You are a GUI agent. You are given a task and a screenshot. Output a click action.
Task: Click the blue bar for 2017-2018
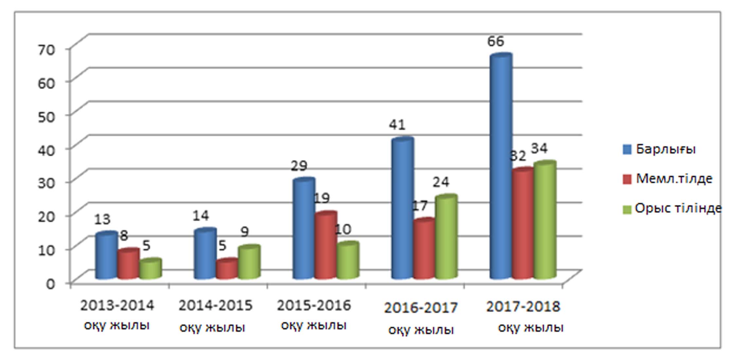click(x=500, y=167)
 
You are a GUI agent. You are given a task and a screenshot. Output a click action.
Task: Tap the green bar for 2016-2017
click(x=446, y=237)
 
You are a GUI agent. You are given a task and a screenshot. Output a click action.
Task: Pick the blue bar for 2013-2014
click(x=106, y=255)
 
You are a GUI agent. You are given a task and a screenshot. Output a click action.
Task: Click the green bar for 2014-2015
click(x=249, y=262)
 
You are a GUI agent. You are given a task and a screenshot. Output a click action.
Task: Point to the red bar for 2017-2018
click(x=523, y=224)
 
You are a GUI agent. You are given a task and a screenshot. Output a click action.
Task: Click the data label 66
click(x=496, y=42)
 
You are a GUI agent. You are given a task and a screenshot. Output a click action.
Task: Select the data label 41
click(x=397, y=125)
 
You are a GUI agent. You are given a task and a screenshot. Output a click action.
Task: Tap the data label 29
click(x=299, y=166)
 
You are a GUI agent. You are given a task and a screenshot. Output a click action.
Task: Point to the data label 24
click(x=441, y=182)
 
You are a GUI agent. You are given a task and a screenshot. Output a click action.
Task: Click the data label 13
click(x=102, y=219)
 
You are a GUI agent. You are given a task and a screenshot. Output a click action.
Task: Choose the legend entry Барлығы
click(x=665, y=149)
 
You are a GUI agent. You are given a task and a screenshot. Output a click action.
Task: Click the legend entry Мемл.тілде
click(x=674, y=179)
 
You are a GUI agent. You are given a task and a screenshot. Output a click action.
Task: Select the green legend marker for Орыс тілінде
click(x=627, y=209)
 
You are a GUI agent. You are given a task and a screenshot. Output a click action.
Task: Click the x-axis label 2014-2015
click(x=215, y=306)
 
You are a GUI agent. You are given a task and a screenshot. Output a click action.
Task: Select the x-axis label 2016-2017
click(x=421, y=308)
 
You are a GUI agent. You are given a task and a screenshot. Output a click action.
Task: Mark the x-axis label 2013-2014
click(x=117, y=306)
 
